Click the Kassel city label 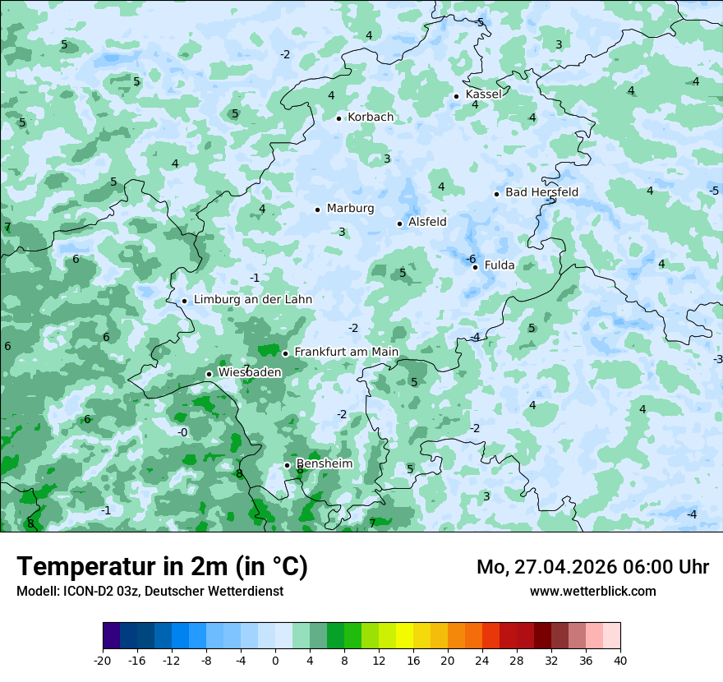click(x=483, y=94)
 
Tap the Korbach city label click(x=371, y=118)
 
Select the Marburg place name click(x=350, y=209)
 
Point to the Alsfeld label click(x=427, y=222)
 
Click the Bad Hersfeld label click(x=541, y=192)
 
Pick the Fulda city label click(x=500, y=265)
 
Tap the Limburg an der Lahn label click(x=253, y=300)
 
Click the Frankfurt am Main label click(x=346, y=353)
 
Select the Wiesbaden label click(x=250, y=372)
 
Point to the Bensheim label click(x=325, y=464)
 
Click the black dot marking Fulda click(x=475, y=267)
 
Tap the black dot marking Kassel click(x=456, y=96)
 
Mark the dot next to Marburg click(x=317, y=210)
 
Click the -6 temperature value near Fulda click(x=471, y=259)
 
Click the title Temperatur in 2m click(x=162, y=566)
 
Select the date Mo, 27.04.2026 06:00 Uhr click(x=592, y=567)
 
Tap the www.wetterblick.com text click(x=592, y=591)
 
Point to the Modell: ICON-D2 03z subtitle click(x=150, y=591)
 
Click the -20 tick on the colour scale click(x=102, y=661)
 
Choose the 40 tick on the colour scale click(x=620, y=661)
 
